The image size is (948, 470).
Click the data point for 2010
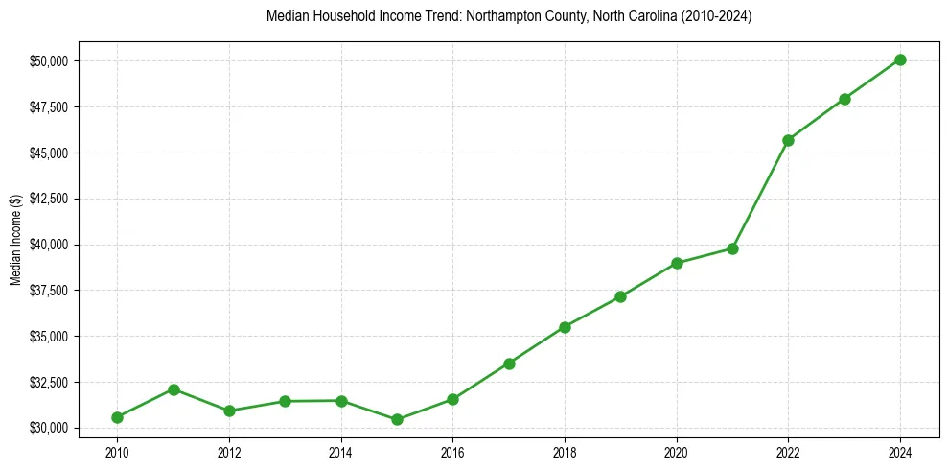[x=117, y=417]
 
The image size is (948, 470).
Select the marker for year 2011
[x=173, y=389]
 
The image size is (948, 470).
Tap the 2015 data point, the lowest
[x=397, y=419]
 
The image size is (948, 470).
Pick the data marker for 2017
[x=509, y=364]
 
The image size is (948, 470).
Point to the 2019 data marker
[x=621, y=296]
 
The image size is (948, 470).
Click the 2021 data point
[x=732, y=248]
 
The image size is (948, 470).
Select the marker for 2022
[x=789, y=140]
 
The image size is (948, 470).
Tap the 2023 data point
[x=844, y=99]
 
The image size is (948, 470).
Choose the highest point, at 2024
[x=900, y=59]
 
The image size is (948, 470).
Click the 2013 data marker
[x=285, y=401]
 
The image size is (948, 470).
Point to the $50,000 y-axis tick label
[x=48, y=61]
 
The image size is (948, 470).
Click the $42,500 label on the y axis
[x=48, y=199]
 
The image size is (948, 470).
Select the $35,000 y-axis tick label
[x=48, y=337]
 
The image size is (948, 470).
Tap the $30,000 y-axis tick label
[x=48, y=428]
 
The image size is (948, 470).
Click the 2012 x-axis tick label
[x=229, y=451]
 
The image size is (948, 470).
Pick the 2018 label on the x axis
[x=565, y=451]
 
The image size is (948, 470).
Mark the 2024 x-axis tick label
[x=900, y=451]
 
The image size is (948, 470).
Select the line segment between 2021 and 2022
[x=761, y=194]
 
